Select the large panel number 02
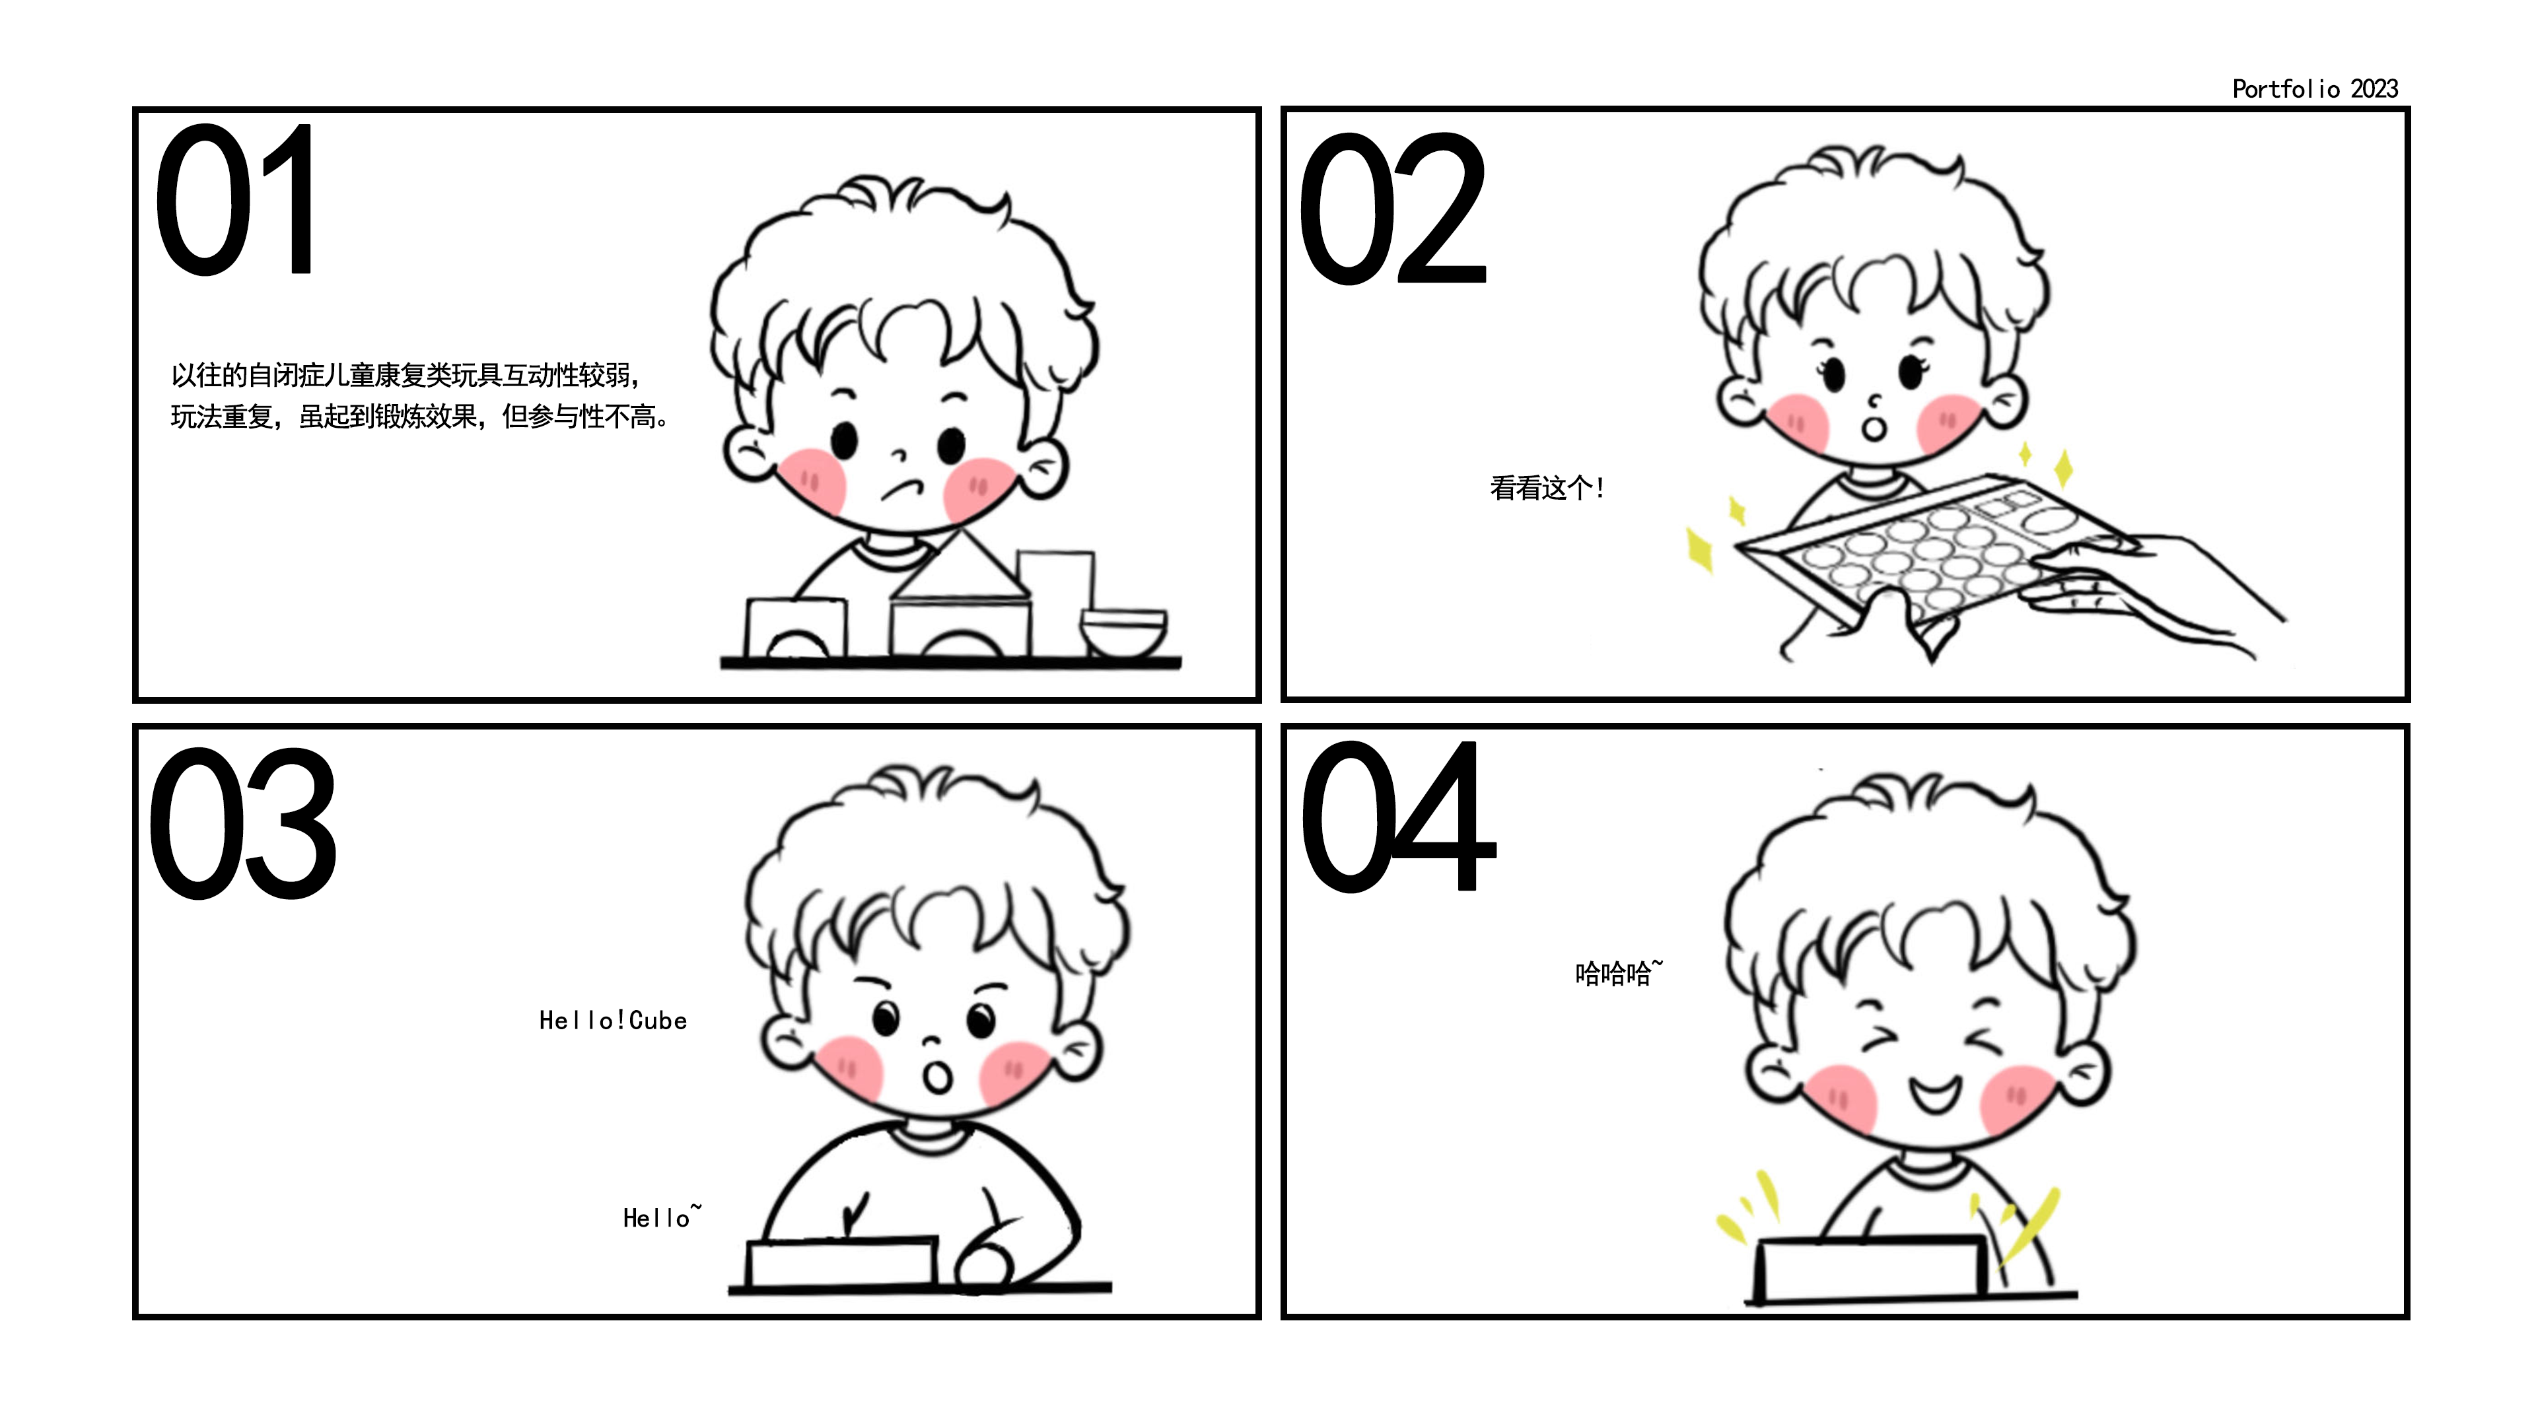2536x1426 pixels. point(1392,209)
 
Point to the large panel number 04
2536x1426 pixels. point(1398,816)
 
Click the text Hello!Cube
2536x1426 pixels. point(612,1021)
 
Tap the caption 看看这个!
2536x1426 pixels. point(1547,488)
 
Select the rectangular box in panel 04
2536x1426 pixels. point(1870,1270)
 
